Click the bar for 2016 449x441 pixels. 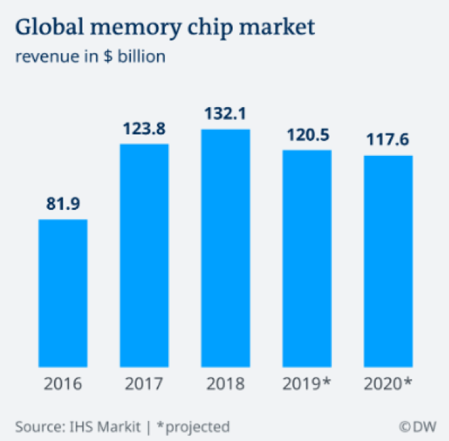coord(62,291)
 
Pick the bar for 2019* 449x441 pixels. coord(306,257)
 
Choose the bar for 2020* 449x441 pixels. coord(388,259)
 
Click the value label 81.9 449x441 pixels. coord(62,204)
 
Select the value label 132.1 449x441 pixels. coord(226,114)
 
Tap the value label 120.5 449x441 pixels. coord(306,135)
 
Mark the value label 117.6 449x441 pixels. coord(388,140)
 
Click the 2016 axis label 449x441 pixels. coord(62,384)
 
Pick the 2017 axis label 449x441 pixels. coord(144,384)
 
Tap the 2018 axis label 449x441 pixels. coord(226,384)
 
